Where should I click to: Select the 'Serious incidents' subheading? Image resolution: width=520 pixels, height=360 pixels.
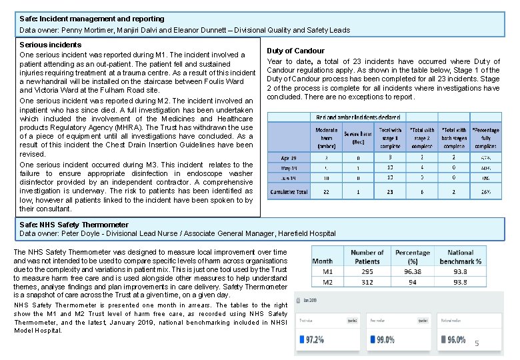pyautogui.click(x=51, y=45)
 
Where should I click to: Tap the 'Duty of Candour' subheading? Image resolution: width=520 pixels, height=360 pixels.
pyautogui.click(x=295, y=51)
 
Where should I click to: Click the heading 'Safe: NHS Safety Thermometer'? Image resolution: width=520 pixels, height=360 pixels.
pyautogui.click(x=74, y=225)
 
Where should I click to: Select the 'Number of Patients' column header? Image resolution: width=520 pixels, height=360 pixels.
pyautogui.click(x=367, y=257)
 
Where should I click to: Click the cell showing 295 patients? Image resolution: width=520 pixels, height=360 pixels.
pyautogui.click(x=367, y=272)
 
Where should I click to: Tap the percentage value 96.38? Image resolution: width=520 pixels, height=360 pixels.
pyautogui.click(x=411, y=272)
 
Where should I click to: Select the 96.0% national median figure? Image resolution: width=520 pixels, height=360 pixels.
pyautogui.click(x=455, y=340)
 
